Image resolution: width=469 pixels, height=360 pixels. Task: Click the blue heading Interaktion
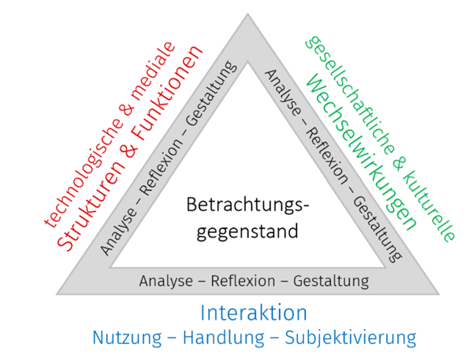click(x=254, y=313)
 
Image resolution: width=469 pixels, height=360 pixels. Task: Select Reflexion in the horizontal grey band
click(x=243, y=281)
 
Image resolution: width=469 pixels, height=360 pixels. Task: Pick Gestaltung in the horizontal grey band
click(x=330, y=281)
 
